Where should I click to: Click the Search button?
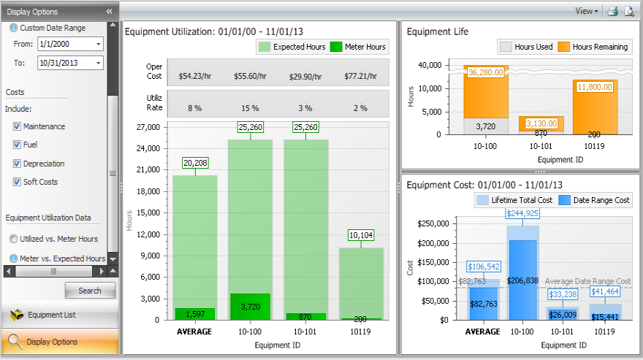pos(90,291)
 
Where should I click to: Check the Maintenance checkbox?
pos(17,126)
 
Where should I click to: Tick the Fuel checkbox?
pos(17,145)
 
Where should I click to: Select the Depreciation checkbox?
pos(17,164)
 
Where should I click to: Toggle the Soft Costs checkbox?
pos(17,182)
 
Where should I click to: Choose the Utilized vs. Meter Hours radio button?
pos(13,239)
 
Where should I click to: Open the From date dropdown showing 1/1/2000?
pos(98,45)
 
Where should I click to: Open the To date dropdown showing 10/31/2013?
pos(98,64)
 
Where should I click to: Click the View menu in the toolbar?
pos(586,11)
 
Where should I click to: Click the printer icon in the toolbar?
pos(613,11)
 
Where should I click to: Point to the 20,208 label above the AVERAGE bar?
pos(195,163)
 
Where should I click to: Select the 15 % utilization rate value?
pos(251,108)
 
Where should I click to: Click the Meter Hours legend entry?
pos(359,47)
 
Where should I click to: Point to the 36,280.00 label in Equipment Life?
pos(487,72)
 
